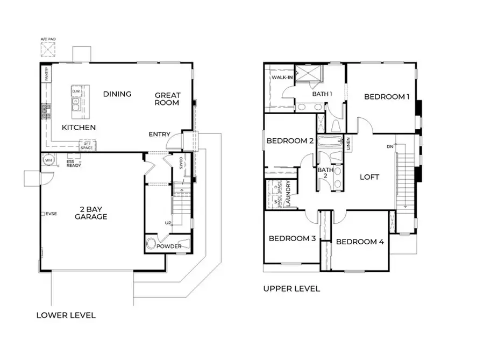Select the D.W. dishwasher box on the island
(x=76, y=91)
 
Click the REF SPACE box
(x=87, y=145)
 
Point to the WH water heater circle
(x=48, y=160)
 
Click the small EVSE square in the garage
(x=42, y=214)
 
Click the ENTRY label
(x=160, y=134)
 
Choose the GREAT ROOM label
(x=167, y=98)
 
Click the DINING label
(x=117, y=94)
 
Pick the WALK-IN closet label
(x=281, y=77)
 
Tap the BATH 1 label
(x=322, y=94)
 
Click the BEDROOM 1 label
(x=387, y=97)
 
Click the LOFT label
(x=369, y=177)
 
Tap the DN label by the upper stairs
(x=390, y=146)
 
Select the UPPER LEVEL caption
(x=291, y=289)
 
